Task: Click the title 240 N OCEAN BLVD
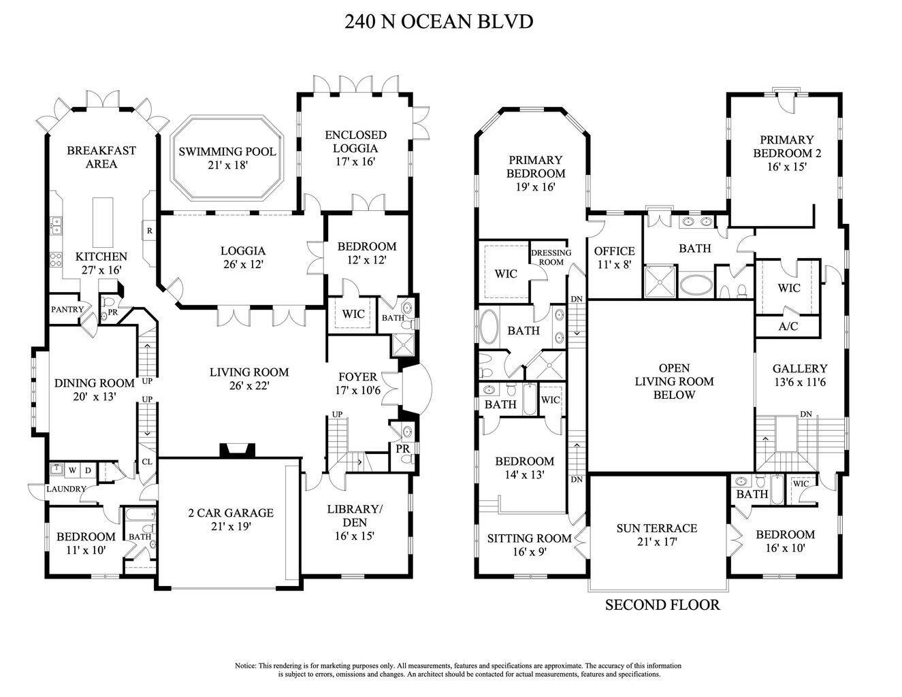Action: (x=438, y=21)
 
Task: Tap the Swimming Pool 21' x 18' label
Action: (x=227, y=158)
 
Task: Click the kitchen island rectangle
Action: (x=102, y=222)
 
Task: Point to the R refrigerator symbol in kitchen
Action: (x=148, y=231)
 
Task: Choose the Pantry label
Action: (x=67, y=309)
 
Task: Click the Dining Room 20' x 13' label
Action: (x=94, y=390)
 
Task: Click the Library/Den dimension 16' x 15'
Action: (x=353, y=536)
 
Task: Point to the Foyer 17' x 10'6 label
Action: (x=357, y=384)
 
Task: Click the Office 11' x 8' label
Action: (x=614, y=258)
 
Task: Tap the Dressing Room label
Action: (x=551, y=257)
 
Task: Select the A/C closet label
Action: (x=788, y=326)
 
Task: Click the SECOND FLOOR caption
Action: (x=662, y=604)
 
